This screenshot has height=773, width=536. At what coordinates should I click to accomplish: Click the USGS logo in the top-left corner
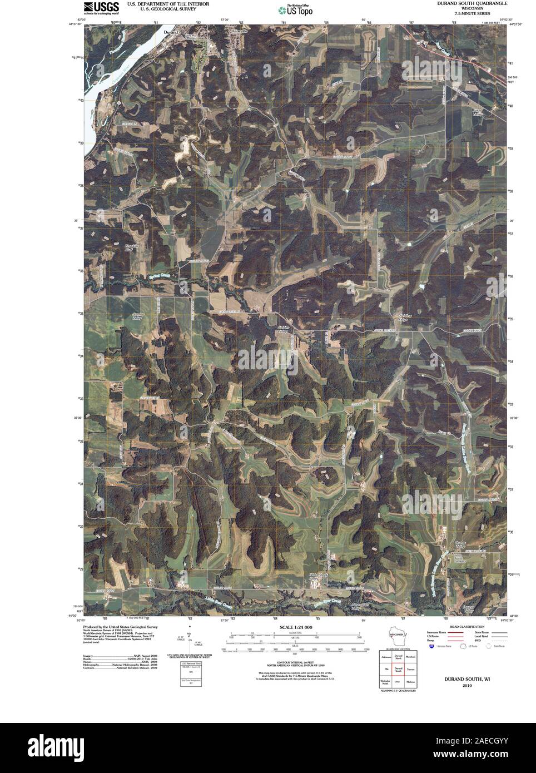tap(101, 7)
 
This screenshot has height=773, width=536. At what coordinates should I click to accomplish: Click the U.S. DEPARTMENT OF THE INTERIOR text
tap(167, 3)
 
